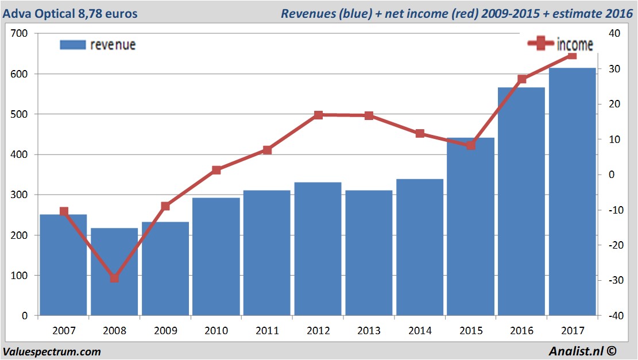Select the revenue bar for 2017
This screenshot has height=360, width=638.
(x=572, y=192)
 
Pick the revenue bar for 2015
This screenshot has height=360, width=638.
(x=470, y=226)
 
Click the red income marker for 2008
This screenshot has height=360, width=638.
(x=114, y=278)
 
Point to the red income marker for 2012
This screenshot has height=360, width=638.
(x=318, y=115)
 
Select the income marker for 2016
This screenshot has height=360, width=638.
(x=521, y=79)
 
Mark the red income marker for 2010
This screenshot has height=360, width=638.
(x=216, y=170)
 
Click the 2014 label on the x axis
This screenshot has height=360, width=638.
(x=419, y=331)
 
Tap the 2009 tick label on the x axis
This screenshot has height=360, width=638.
(x=165, y=331)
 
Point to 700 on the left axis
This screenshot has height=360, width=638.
(x=19, y=33)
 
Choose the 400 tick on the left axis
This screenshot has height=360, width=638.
(x=19, y=154)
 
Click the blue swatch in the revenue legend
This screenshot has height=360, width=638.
(x=73, y=45)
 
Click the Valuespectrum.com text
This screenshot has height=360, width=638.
(x=52, y=351)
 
